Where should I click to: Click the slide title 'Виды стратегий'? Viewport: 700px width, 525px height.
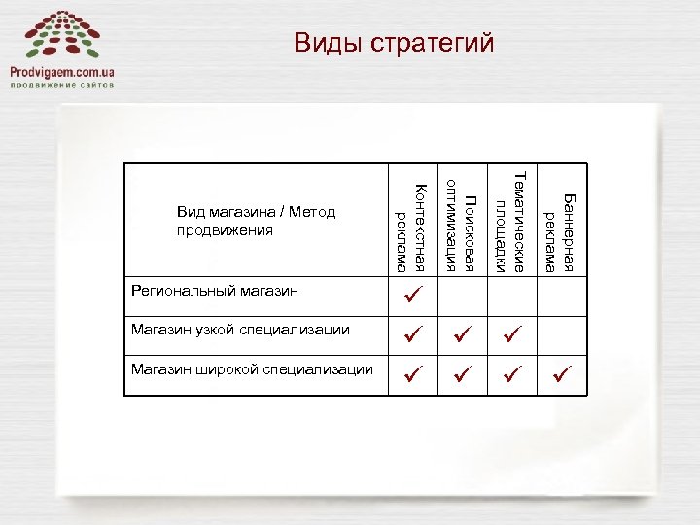pyautogui.click(x=394, y=44)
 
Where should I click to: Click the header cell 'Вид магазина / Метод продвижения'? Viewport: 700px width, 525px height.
pyautogui.click(x=256, y=222)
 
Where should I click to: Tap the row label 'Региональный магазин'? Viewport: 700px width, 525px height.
pyautogui.click(x=214, y=291)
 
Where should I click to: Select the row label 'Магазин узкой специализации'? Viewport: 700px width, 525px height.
pyautogui.click(x=240, y=330)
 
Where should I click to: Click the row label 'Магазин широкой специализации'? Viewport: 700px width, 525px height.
pyautogui.click(x=252, y=369)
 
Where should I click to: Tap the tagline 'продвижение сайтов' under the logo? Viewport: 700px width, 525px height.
pyautogui.click(x=62, y=86)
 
